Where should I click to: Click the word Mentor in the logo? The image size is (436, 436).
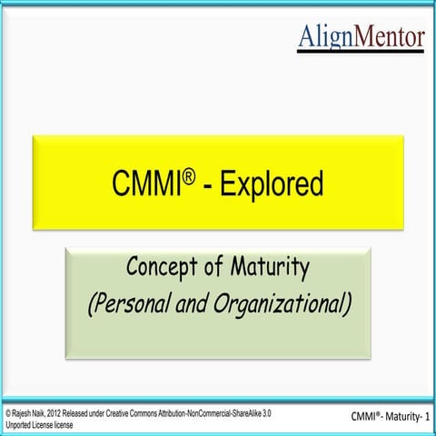[x=388, y=36]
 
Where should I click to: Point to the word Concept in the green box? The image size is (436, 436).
[x=160, y=270]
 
